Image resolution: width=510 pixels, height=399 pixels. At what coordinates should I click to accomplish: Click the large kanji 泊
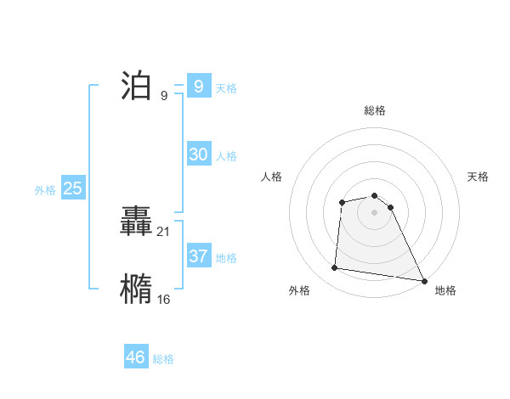(137, 87)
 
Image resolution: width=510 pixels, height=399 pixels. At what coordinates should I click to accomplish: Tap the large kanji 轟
(137, 223)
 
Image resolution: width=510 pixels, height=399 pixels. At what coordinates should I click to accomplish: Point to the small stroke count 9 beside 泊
(163, 95)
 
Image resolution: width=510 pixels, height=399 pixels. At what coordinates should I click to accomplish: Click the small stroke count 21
(164, 231)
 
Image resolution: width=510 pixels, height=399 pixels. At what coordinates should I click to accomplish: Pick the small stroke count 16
(164, 299)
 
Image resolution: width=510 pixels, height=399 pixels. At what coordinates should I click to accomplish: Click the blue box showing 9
(198, 87)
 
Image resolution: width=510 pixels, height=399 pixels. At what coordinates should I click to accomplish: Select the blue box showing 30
(198, 155)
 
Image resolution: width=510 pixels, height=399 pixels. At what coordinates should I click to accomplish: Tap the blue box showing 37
(198, 256)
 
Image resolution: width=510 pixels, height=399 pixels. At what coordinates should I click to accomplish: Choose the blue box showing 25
(72, 188)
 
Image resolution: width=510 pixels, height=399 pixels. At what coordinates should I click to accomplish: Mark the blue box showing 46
(135, 357)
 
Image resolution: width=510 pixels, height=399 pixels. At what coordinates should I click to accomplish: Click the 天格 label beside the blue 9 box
(226, 87)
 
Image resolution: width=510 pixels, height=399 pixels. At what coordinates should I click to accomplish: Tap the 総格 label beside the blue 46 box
(163, 358)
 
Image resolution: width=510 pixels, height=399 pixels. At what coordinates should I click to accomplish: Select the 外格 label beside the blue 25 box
(45, 190)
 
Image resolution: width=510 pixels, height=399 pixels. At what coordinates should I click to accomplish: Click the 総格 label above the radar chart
(374, 110)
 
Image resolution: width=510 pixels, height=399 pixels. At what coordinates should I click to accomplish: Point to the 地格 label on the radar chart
(445, 290)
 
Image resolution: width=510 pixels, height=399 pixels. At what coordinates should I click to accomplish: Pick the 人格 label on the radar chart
(272, 177)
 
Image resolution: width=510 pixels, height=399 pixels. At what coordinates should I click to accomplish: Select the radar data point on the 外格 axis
(335, 268)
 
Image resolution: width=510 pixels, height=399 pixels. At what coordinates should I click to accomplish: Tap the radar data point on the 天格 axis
(390, 207)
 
